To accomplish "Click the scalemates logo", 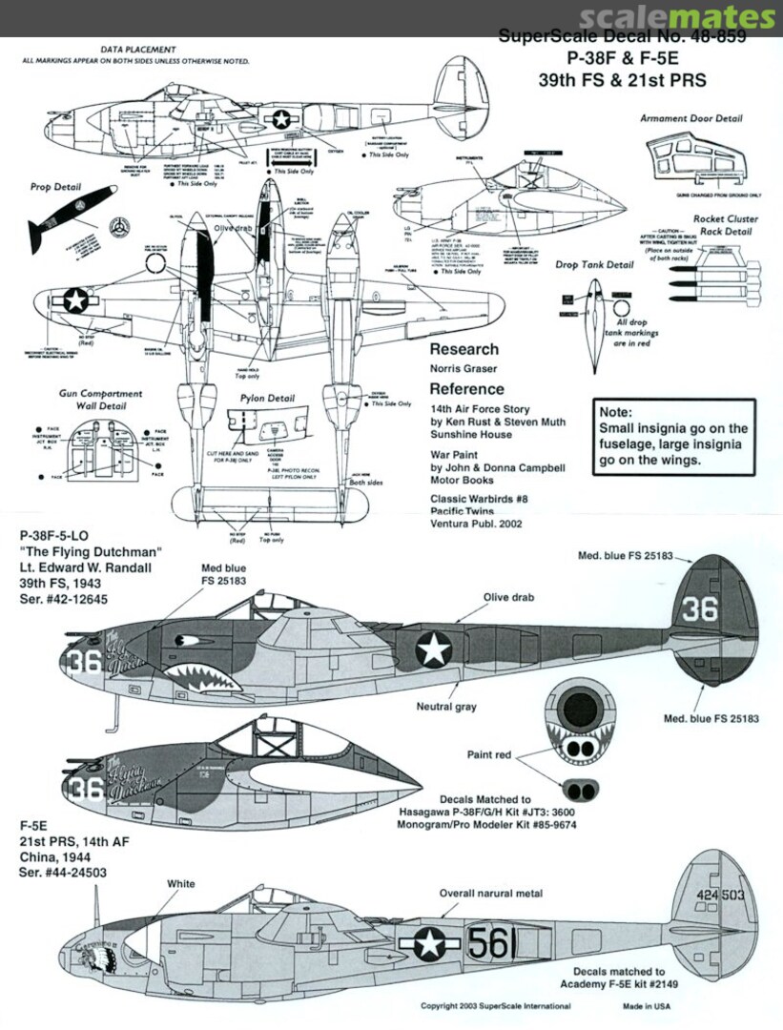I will (676, 18).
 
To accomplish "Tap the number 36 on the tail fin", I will (699, 608).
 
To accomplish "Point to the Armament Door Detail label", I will (691, 119).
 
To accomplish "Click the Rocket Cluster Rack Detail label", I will (726, 225).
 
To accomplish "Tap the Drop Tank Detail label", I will (593, 264).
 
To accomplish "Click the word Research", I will (464, 349).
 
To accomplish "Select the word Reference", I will (466, 389).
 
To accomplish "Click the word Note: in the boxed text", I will (615, 412).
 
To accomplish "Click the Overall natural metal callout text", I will (490, 894).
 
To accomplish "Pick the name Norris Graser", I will (462, 368).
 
